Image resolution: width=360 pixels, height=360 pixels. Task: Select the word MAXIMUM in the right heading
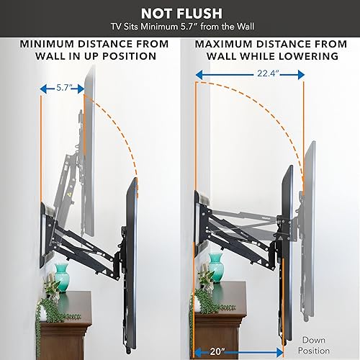pos(222,44)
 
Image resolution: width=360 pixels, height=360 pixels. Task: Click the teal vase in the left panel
pos(62,274)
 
